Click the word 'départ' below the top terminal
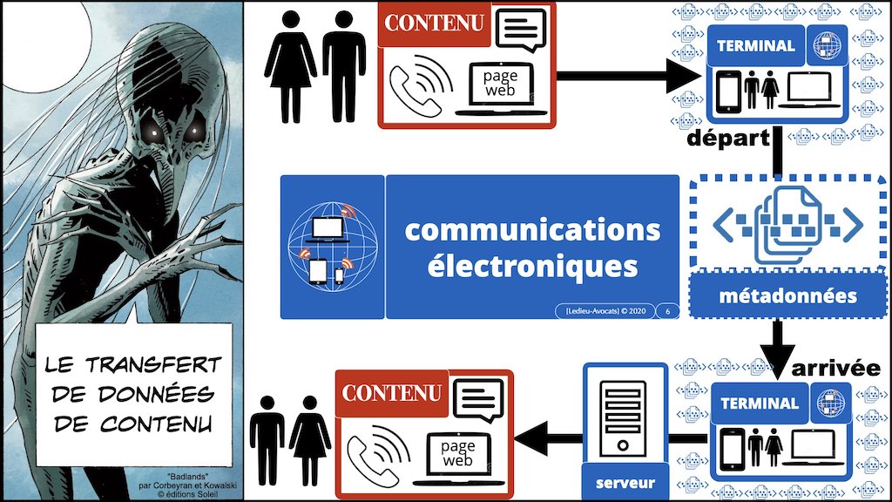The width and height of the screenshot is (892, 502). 728,139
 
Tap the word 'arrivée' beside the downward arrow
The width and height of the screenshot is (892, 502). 835,369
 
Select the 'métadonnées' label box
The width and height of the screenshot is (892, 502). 787,295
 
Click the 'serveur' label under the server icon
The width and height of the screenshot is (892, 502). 625,483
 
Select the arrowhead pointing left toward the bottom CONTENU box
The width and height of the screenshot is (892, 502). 531,438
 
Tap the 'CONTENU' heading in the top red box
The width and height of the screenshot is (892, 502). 434,23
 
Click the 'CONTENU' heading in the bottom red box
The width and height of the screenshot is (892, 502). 391,393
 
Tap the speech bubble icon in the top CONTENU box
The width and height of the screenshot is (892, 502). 521,31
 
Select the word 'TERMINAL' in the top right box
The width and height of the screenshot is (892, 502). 755,45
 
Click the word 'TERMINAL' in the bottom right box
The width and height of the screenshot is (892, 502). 760,404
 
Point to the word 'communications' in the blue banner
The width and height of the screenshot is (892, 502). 532,230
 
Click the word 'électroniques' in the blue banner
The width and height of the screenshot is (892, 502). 532,267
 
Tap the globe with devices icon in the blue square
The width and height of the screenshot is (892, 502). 333,247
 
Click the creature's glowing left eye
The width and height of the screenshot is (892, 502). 153,132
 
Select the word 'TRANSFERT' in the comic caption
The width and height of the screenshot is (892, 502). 153,365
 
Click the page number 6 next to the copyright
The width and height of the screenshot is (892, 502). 667,311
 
